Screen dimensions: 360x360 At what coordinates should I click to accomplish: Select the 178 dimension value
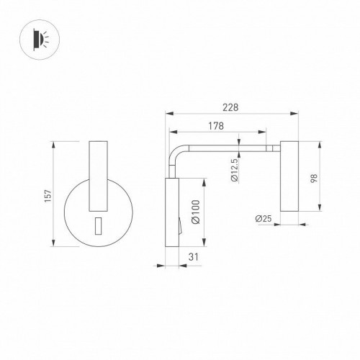[216, 125]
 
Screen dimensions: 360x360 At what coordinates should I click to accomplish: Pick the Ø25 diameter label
[262, 218]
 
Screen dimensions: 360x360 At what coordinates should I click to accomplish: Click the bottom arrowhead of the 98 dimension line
[317, 209]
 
